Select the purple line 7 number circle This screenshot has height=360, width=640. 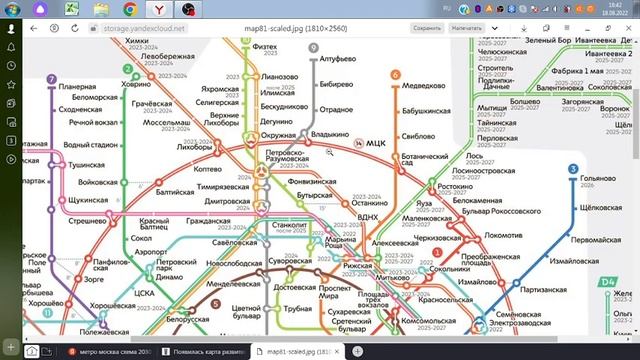(51, 78)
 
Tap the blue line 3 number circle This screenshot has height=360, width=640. (573, 169)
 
